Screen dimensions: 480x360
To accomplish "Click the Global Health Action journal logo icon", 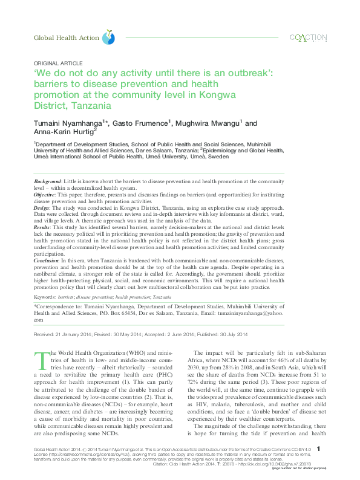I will (x=108, y=37).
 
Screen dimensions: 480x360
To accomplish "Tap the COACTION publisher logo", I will (x=309, y=38).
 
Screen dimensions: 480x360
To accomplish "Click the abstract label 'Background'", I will (x=47, y=181).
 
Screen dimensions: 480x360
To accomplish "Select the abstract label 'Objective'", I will (x=45, y=195).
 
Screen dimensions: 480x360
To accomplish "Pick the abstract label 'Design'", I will (x=42, y=207).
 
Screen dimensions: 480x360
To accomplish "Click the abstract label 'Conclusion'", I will (x=48, y=258).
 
